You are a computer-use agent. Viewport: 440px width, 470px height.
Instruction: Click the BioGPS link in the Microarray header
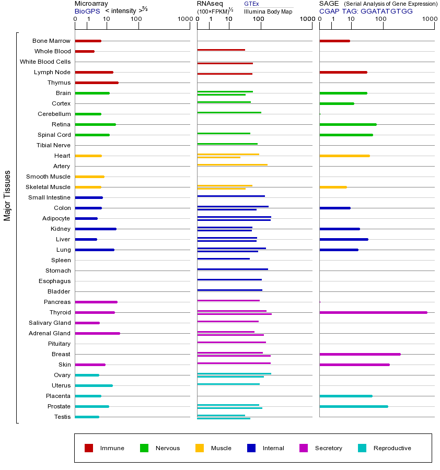(87, 11)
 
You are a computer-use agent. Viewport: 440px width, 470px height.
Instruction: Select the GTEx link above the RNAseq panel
(251, 4)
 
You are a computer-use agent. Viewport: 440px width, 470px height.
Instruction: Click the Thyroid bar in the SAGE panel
(373, 312)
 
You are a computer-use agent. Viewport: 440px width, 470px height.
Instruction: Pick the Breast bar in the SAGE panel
(360, 354)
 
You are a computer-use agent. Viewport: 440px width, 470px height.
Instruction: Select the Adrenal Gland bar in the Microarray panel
(97, 333)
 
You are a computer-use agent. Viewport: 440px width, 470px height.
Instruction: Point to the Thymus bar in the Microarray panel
(97, 83)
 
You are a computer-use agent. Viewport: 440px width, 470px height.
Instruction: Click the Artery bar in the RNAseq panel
(232, 165)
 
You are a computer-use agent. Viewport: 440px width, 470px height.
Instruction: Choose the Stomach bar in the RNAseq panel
(233, 269)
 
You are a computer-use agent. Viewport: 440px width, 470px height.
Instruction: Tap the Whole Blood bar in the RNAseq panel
(221, 50)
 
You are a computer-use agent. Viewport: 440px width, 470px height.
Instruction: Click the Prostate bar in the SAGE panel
(353, 406)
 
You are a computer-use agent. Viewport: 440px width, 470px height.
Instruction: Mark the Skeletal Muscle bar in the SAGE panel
(333, 187)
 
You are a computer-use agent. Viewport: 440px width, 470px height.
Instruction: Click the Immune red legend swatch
(89, 448)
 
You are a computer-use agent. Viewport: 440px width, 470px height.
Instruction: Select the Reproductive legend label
(392, 448)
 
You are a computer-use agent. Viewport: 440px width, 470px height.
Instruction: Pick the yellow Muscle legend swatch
(200, 448)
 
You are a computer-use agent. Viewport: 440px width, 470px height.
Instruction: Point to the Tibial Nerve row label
(53, 145)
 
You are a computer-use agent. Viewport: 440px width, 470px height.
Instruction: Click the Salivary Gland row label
(51, 323)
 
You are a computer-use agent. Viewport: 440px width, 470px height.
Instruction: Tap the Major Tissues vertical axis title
(7, 195)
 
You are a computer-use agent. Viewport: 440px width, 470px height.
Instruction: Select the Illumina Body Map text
(268, 11)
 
